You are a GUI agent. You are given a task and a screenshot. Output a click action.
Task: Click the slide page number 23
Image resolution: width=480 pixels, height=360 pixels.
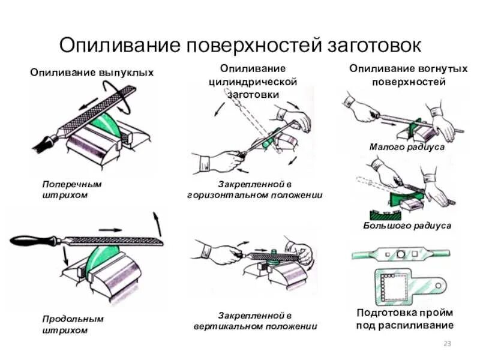tap(446, 344)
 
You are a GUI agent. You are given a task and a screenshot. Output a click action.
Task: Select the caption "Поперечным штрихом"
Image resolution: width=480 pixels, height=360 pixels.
tap(72, 190)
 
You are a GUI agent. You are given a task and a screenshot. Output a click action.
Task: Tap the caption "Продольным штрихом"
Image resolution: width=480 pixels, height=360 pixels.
tap(73, 325)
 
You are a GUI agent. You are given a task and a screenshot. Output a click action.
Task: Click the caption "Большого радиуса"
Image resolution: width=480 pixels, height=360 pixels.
tap(407, 226)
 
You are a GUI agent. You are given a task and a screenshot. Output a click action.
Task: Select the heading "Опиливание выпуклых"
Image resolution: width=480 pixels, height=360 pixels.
tap(92, 73)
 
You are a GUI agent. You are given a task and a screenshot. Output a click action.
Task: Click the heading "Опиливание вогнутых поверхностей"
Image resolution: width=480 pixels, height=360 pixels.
tap(408, 76)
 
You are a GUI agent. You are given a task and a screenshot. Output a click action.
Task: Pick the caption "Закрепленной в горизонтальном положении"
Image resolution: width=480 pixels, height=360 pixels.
tap(255, 190)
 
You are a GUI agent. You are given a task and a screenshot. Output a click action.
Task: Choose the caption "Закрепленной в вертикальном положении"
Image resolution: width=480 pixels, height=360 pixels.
tap(255, 321)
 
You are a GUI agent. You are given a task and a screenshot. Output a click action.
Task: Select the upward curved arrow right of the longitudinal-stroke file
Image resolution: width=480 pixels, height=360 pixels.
tap(157, 224)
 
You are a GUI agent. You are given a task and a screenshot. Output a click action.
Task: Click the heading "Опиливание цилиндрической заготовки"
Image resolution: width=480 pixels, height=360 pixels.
tap(254, 82)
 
